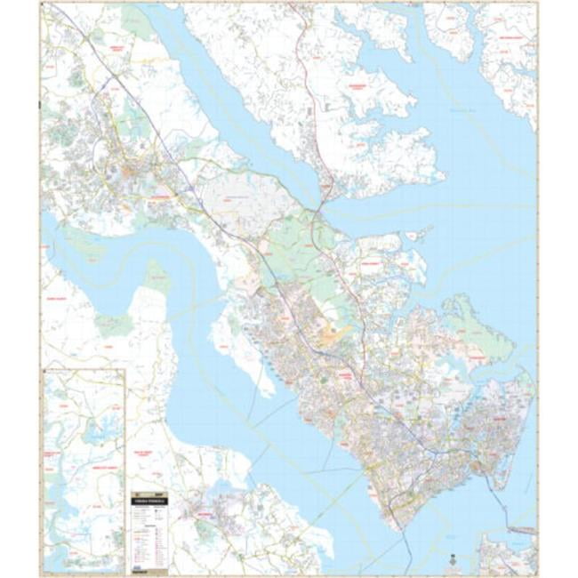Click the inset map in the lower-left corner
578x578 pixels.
point(84,467)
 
